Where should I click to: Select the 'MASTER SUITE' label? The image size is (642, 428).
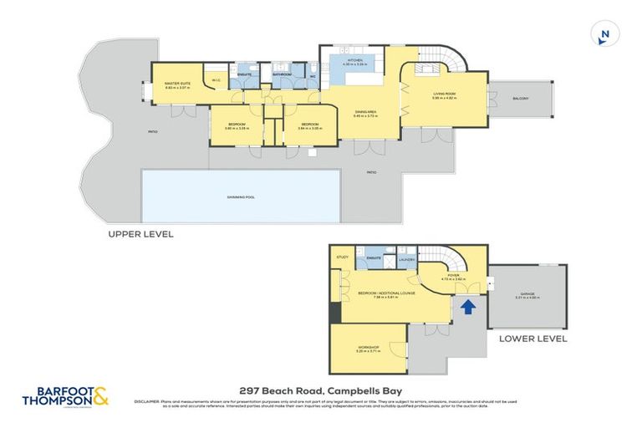click(x=176, y=83)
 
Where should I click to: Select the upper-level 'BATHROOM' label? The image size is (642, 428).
click(x=282, y=74)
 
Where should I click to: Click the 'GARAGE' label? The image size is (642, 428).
click(x=527, y=293)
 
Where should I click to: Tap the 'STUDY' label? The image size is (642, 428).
click(x=342, y=257)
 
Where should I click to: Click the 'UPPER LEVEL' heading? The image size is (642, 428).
click(x=141, y=235)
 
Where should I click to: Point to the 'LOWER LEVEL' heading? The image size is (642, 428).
click(x=532, y=339)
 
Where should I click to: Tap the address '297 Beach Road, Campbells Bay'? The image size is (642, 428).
click(x=321, y=390)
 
